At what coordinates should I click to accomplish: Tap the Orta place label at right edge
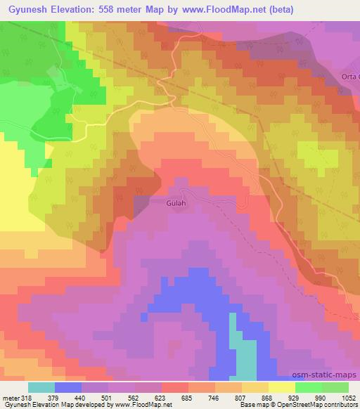coord(348,77)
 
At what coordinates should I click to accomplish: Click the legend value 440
coord(80,398)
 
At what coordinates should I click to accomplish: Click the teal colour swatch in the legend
coord(41,387)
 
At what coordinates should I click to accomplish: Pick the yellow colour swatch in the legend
coord(281,387)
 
